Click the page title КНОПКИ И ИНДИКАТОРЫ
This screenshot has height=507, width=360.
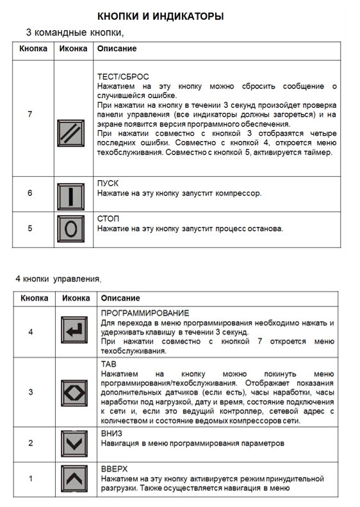tap(160, 15)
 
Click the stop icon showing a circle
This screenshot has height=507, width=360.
tap(70, 228)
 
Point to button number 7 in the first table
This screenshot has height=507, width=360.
tap(29, 114)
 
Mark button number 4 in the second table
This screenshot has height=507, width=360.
tap(31, 331)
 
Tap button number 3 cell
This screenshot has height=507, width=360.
tap(31, 392)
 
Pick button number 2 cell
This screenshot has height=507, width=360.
tap(31, 443)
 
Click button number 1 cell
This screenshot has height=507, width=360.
tap(31, 478)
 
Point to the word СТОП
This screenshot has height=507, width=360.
tap(108, 219)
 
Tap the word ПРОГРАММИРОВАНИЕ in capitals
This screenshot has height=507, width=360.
tap(145, 313)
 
